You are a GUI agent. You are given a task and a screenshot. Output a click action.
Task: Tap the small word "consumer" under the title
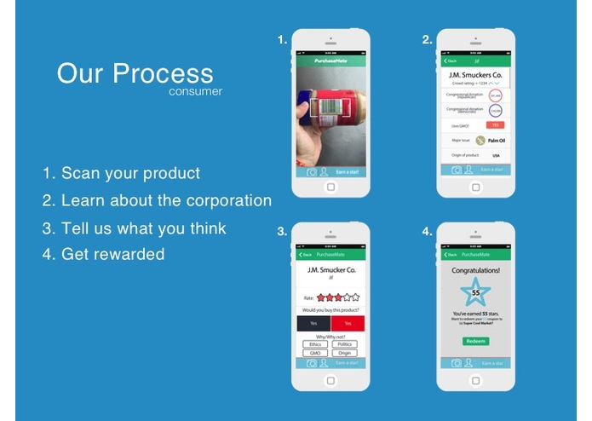195,91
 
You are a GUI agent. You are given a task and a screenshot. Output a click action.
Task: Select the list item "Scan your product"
130,173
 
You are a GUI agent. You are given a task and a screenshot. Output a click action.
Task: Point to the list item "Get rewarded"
112,254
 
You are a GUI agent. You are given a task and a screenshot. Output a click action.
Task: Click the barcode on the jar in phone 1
328,107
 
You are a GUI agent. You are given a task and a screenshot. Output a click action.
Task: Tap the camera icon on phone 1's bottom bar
311,171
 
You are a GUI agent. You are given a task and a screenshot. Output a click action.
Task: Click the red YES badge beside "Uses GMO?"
495,124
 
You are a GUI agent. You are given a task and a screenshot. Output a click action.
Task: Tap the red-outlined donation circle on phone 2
495,95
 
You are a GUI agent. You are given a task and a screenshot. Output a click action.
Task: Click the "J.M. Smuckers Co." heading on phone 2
476,74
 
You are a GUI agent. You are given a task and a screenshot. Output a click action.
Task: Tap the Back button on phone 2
451,61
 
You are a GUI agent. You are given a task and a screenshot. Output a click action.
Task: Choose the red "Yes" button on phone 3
348,323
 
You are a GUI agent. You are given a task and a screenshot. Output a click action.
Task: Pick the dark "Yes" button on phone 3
313,323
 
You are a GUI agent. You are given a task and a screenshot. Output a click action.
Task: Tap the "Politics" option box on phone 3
344,344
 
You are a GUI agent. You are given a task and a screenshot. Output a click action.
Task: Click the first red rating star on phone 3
320,297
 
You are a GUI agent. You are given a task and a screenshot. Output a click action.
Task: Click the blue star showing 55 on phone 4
475,293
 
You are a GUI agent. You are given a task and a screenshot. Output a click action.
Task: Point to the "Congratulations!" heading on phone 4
476,269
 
